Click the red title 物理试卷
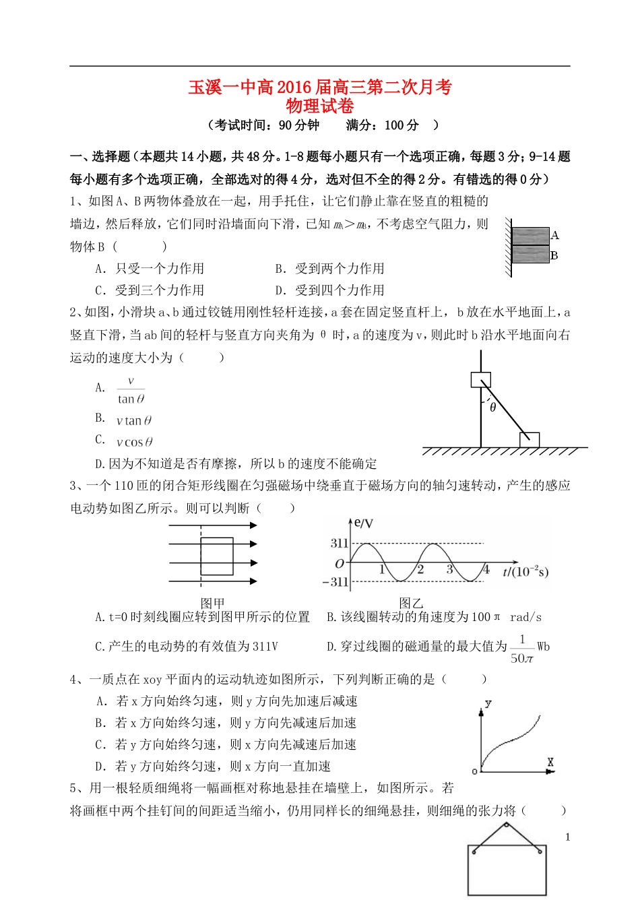320,106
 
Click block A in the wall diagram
530,236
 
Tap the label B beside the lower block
554,256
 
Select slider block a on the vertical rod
480,380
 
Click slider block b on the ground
529,440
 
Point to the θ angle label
493,408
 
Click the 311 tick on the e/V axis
339,543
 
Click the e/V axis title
363,523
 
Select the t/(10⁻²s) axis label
525,572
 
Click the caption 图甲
213,603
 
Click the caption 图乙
411,603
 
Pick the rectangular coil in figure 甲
217,556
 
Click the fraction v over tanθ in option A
131,390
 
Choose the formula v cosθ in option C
134,443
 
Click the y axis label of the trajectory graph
488,703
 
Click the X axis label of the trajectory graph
550,763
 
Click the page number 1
568,837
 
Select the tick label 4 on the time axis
486,570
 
